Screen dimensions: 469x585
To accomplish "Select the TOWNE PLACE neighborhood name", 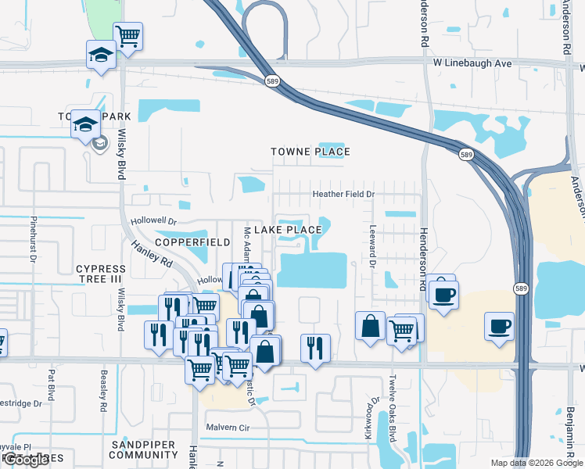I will pos(310,152).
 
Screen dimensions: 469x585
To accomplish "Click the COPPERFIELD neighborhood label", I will pos(192,243).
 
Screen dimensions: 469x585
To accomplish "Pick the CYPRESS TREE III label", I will pos(100,274).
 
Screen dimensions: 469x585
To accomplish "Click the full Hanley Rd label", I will pos(151,255).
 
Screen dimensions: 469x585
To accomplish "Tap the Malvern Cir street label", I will pos(227,428).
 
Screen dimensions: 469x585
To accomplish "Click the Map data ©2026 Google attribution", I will pos(537,463).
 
